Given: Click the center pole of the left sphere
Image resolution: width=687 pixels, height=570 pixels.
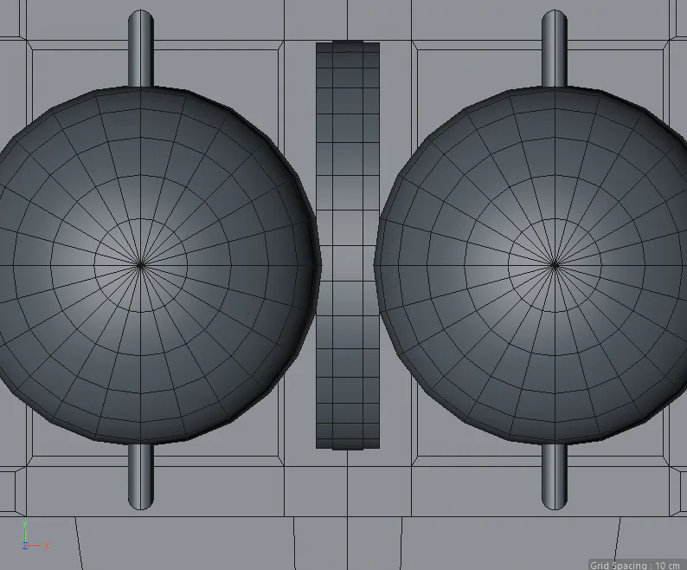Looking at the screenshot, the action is pyautogui.click(x=141, y=265).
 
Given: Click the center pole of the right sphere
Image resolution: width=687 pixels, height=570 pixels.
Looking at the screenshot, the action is pyautogui.click(x=555, y=265).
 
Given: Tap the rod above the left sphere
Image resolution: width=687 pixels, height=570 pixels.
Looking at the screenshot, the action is pyautogui.click(x=141, y=49).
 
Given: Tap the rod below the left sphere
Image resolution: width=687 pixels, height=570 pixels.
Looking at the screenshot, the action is pyautogui.click(x=141, y=476).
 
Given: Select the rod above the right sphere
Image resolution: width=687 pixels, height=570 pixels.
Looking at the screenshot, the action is pyautogui.click(x=555, y=49).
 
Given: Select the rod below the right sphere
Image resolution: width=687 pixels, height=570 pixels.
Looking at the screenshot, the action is pyautogui.click(x=555, y=476).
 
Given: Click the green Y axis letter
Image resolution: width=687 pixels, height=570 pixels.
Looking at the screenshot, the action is pyautogui.click(x=25, y=524).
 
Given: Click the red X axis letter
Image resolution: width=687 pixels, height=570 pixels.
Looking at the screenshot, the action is pyautogui.click(x=47, y=546).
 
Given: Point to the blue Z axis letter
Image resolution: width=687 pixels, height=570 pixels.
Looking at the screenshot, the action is pyautogui.click(x=25, y=546).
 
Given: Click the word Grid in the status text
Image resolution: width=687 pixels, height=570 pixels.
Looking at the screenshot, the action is pyautogui.click(x=599, y=565).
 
